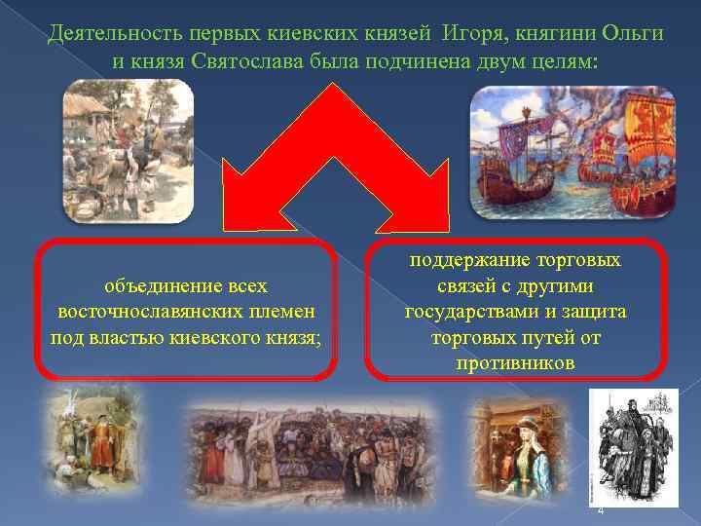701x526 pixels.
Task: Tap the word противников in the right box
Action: (x=515, y=363)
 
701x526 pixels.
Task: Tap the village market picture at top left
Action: (x=129, y=151)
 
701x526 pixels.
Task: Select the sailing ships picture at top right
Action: (x=572, y=151)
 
